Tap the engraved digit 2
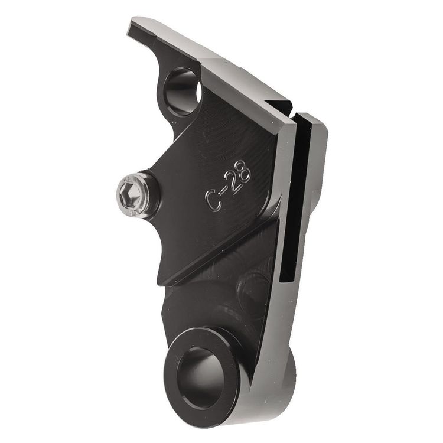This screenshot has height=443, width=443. tap(231, 184)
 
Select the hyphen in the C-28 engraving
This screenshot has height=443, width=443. tap(222, 192)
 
